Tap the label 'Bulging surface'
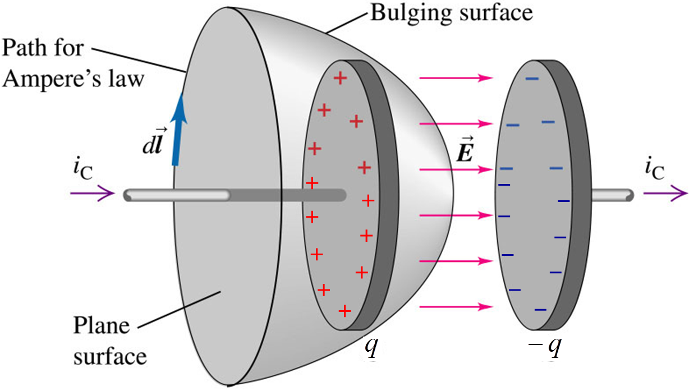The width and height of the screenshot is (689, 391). click(451, 12)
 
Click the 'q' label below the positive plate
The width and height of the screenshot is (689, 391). click(371, 347)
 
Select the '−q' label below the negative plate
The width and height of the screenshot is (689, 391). click(546, 347)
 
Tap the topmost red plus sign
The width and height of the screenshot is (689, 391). click(339, 79)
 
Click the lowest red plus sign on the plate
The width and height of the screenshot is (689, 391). click(344, 310)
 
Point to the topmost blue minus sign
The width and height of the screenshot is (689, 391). click(531, 79)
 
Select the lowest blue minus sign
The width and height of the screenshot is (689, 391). click(540, 310)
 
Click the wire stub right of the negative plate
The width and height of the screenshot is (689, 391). click(612, 195)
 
